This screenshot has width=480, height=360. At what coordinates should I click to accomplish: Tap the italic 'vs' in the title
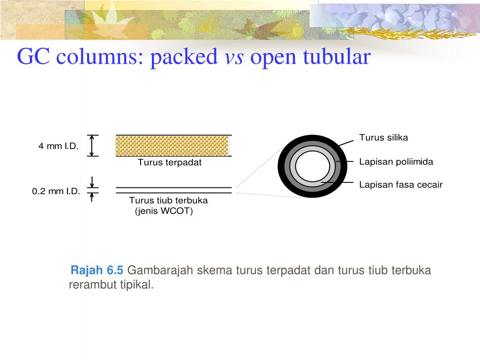[x=235, y=58]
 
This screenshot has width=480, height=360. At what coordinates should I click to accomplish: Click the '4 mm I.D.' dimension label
[x=58, y=146]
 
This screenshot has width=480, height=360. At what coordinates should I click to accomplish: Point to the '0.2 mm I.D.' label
[x=56, y=191]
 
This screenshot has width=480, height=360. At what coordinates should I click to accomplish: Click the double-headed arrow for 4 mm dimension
[x=93, y=145]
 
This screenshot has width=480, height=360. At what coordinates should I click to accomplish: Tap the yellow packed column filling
[x=172, y=146]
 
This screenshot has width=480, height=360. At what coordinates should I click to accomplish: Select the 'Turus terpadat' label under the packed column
[x=169, y=163]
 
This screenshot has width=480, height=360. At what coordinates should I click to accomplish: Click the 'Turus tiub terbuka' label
[x=168, y=201]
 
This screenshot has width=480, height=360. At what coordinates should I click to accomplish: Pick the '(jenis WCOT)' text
[x=164, y=211]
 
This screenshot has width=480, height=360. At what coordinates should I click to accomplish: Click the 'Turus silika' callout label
[x=383, y=137]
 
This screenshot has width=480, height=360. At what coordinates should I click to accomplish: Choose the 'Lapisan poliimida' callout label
[x=396, y=162]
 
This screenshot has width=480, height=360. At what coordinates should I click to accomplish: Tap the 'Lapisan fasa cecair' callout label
[x=401, y=185]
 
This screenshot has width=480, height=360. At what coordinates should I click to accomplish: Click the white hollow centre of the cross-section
[x=313, y=166]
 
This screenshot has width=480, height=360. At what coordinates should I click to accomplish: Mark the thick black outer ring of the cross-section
[x=283, y=166]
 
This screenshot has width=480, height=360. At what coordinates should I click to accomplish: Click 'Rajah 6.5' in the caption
[x=97, y=270]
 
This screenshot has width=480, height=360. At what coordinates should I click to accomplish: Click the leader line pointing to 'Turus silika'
[x=345, y=142]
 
